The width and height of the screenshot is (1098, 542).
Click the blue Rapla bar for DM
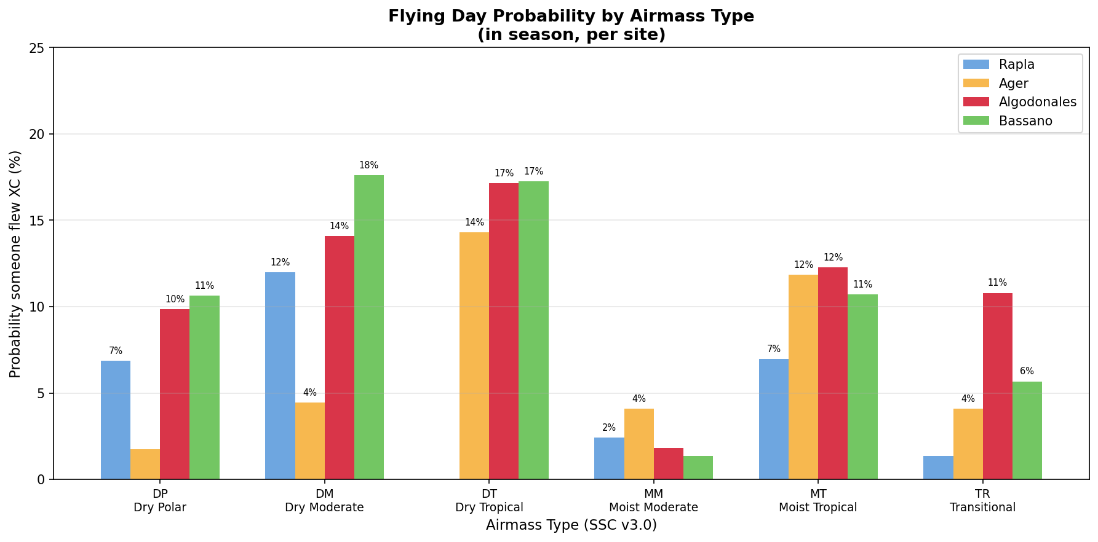coord(280,375)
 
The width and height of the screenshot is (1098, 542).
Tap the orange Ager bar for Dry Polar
coord(145,465)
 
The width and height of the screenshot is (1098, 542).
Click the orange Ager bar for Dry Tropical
coord(474,356)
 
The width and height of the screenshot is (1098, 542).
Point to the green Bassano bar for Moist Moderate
coord(698,468)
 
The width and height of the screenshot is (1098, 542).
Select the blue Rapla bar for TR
coord(938,468)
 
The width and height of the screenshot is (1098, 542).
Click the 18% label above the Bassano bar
coord(368,165)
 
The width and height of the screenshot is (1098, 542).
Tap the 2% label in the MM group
coord(609,428)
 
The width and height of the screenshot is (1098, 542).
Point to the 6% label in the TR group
coord(1027,371)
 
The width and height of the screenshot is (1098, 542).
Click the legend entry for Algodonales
coord(1037,102)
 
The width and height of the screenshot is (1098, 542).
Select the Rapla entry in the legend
coord(1016,65)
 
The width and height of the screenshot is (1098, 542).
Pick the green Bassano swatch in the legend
coord(976,121)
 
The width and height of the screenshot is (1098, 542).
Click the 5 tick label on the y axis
coord(41,393)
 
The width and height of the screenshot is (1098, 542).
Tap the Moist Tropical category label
coord(818,508)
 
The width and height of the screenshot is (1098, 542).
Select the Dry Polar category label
coord(160,508)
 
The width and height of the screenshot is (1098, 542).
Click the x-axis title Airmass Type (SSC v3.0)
coord(571,525)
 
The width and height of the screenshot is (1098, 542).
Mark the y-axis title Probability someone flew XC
coord(15,264)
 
